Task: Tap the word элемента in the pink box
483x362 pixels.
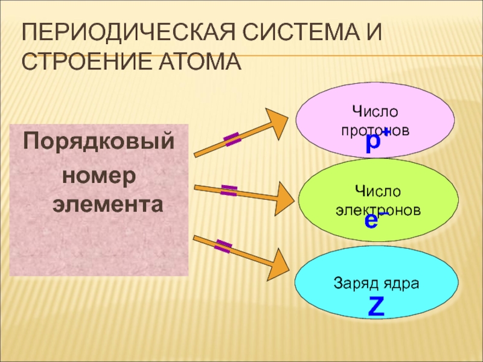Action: tap(107, 204)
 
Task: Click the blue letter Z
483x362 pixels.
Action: tap(376, 308)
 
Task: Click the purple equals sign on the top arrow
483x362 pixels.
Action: tap(232, 141)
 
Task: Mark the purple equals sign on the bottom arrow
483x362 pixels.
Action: tap(223, 246)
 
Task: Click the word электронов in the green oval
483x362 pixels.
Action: tap(378, 209)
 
